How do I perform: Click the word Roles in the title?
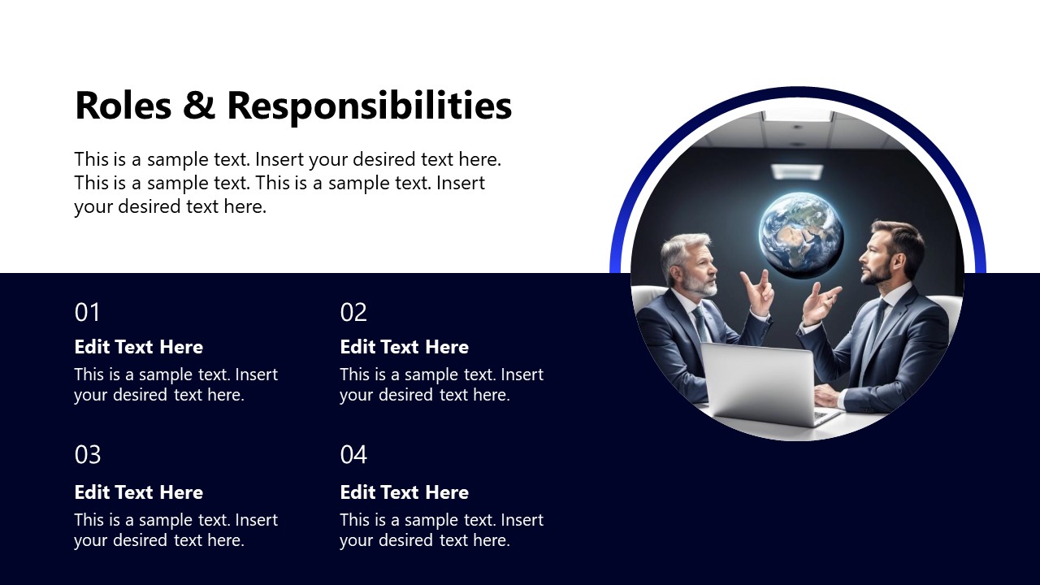123,106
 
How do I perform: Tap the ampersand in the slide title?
198,106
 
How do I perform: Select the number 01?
87,313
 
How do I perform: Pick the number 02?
353,313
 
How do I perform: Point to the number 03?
88,455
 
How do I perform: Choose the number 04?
353,455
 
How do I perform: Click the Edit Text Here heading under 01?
138,347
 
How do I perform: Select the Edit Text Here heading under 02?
404,347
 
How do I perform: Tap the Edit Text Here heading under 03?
138,492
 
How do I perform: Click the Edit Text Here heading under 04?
404,492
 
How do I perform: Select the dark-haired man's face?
879,255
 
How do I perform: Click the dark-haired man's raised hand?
819,303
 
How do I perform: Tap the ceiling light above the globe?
797,171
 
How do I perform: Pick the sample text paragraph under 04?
441,530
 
